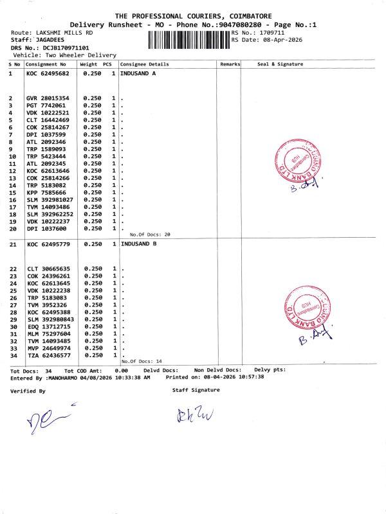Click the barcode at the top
(x=188, y=39)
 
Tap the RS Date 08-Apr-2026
(x=277, y=39)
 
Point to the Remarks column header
(x=230, y=64)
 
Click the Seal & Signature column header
(x=280, y=64)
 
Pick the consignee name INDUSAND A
(x=138, y=74)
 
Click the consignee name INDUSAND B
(x=138, y=244)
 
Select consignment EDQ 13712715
(x=50, y=326)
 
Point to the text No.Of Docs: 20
(x=150, y=235)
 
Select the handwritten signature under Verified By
(x=48, y=418)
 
